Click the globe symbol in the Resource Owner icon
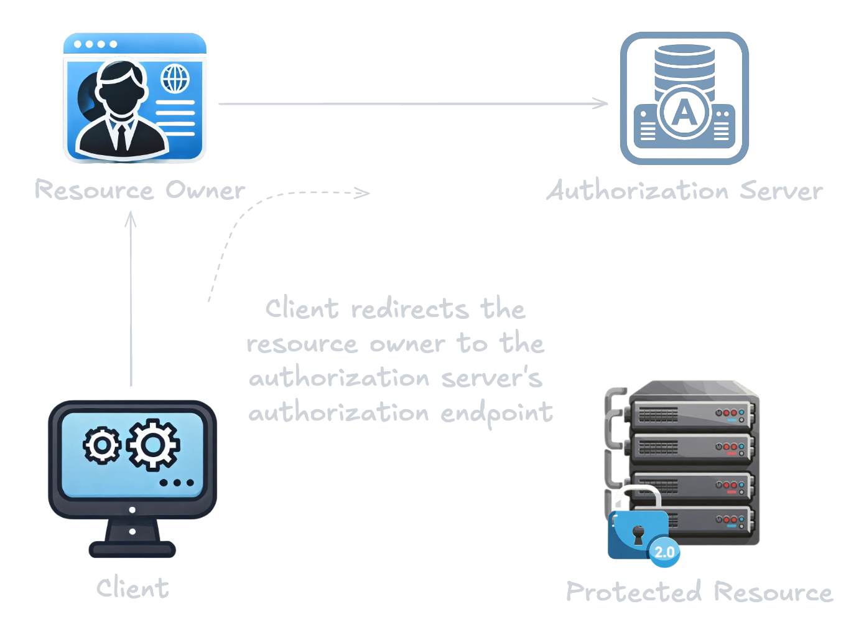pos(175,79)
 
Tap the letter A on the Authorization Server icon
pos(684,113)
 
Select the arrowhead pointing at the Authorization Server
pos(602,103)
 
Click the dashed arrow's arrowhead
pos(363,193)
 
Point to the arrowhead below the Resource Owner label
pos(131,220)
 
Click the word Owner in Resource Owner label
pos(205,191)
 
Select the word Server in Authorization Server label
pos(781,191)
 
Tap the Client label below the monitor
pos(132,589)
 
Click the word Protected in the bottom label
pos(634,592)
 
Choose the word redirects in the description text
pos(409,309)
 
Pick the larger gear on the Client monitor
pos(153,445)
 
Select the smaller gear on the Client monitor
pos(101,445)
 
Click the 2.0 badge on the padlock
pos(664,552)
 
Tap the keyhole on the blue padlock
pos(638,534)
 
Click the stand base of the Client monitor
pos(132,549)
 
